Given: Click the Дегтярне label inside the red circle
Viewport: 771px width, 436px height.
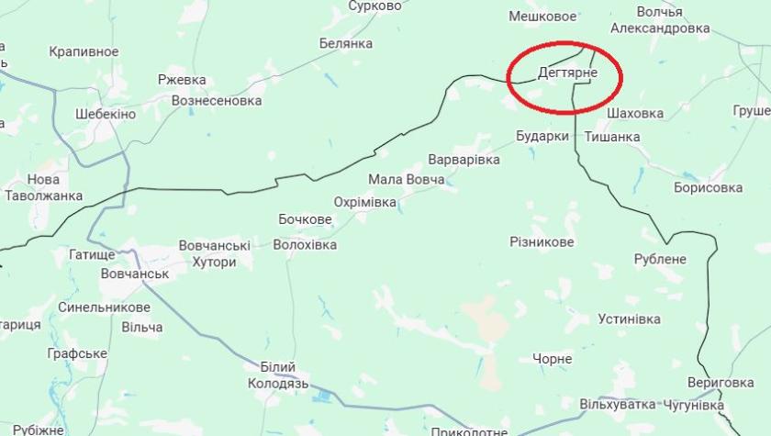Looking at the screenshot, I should [567, 73].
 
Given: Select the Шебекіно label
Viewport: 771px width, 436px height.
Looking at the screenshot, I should [105, 114].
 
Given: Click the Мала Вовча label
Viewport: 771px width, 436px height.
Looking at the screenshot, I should [406, 180].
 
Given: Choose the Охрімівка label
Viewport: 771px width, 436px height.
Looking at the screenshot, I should [364, 202].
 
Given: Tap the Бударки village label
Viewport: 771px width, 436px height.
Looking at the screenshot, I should [542, 137].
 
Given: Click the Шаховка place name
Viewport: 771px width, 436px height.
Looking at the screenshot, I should [635, 113].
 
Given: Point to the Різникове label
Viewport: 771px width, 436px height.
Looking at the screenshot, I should [542, 241].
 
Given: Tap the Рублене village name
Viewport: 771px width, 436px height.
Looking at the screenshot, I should [659, 259].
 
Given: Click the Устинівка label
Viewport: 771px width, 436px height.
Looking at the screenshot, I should [629, 319].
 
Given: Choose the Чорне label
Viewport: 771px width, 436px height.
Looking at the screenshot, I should [552, 359].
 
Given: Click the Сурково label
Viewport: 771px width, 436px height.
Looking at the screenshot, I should [375, 6].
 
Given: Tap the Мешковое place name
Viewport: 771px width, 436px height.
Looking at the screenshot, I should [542, 16].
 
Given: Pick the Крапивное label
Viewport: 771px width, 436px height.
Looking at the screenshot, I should [84, 52].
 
